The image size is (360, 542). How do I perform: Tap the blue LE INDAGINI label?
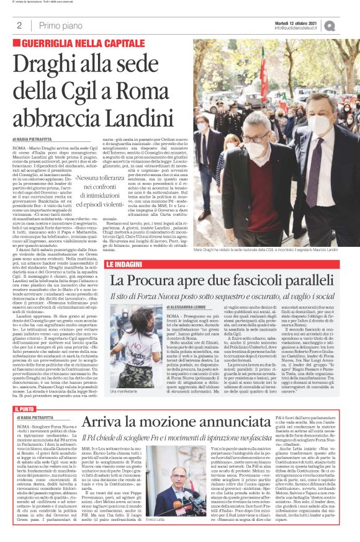[x=126, y=264]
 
